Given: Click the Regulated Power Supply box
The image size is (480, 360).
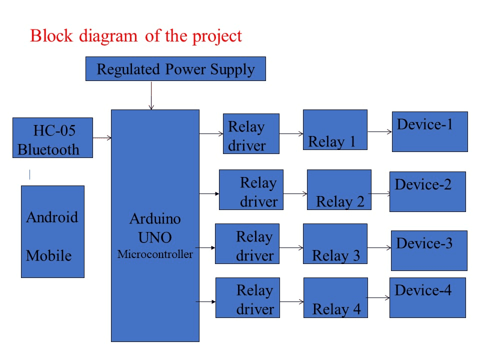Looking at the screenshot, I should pyautogui.click(x=175, y=69).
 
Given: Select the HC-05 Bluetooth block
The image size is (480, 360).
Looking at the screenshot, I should pyautogui.click(x=52, y=137).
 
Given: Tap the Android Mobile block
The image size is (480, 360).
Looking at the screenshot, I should pyautogui.click(x=52, y=231).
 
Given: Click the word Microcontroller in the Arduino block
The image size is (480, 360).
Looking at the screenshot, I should pyautogui.click(x=155, y=254).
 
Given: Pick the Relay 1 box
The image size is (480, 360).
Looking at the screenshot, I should pyautogui.click(x=335, y=129).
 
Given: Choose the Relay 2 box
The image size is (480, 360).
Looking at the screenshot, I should pyautogui.click(x=339, y=189).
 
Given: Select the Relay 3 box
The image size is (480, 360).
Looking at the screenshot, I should pyautogui.click(x=335, y=243).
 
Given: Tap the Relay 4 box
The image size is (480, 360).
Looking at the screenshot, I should pyautogui.click(x=335, y=297).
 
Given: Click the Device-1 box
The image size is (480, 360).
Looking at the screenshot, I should pyautogui.click(x=429, y=131).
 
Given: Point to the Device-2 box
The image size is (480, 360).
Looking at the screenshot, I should pyautogui.click(x=427, y=191).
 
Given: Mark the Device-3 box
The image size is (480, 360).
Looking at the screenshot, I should pyautogui.click(x=429, y=250).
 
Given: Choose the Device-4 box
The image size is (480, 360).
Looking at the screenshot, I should pyautogui.click(x=427, y=297).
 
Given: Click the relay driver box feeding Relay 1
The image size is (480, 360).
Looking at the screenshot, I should pyautogui.click(x=250, y=133).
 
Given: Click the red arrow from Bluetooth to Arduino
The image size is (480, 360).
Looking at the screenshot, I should pyautogui.click(x=101, y=137).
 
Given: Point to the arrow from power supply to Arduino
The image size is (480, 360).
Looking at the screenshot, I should pyautogui.click(x=151, y=95).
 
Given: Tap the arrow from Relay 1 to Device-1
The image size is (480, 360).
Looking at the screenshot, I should pyautogui.click(x=379, y=132).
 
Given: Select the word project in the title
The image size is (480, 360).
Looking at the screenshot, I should pyautogui.click(x=217, y=36).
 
